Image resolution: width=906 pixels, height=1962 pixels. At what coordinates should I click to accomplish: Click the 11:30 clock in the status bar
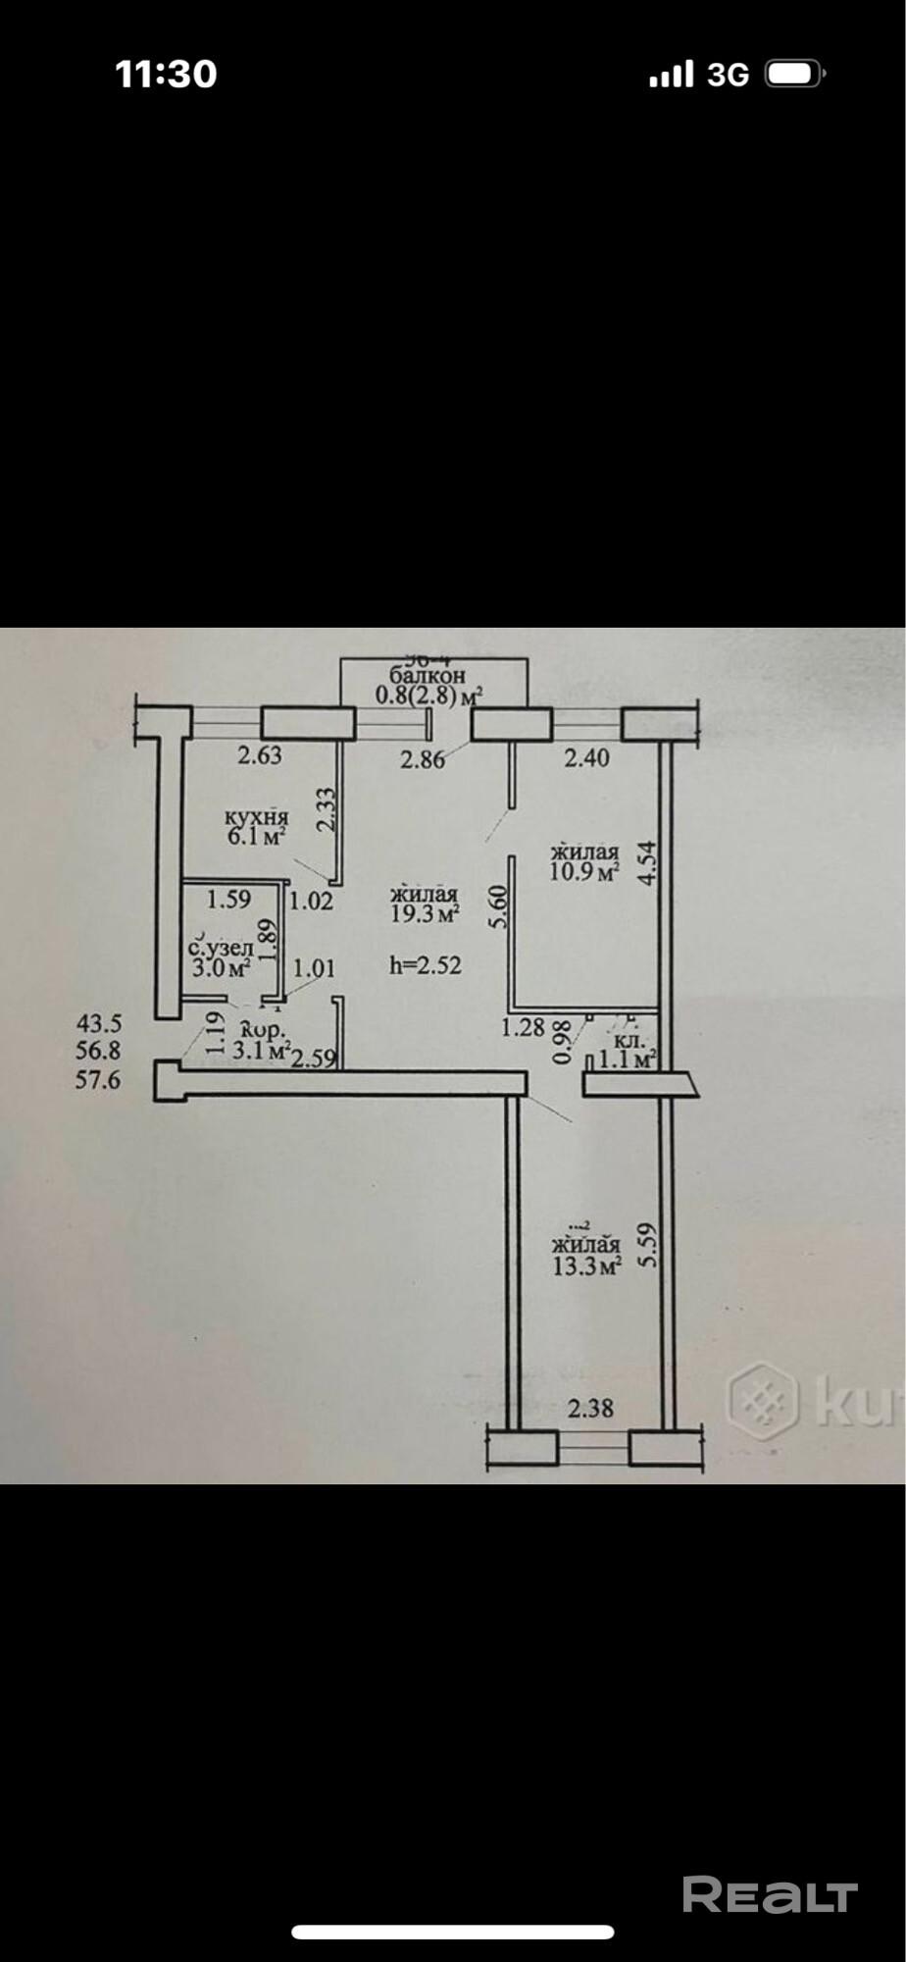point(166,75)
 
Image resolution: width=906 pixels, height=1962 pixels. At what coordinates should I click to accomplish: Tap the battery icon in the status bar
point(796,75)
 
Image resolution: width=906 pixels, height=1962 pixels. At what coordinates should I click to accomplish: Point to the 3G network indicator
point(728,75)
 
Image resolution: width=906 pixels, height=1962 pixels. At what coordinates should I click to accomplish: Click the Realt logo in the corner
point(770,1895)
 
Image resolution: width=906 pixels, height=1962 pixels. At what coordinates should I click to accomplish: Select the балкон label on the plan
point(428,676)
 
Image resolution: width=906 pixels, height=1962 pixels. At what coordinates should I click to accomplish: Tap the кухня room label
point(257,817)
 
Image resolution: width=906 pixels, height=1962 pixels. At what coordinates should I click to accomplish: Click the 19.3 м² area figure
point(425,914)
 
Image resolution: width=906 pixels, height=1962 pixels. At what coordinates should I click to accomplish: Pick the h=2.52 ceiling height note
point(426,964)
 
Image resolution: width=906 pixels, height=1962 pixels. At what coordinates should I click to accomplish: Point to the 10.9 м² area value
point(584,872)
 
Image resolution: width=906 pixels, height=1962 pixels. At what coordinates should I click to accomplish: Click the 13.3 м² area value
point(587,1265)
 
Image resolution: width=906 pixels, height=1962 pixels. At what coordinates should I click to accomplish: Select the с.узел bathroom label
point(221,949)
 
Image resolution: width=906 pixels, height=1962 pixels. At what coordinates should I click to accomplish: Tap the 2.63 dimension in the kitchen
point(261,754)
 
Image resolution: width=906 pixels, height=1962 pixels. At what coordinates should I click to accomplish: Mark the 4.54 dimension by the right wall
point(645,863)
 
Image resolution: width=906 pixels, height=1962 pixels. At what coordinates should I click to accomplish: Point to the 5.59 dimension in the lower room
point(645,1244)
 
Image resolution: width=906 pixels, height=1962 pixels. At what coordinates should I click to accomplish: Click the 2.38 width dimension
point(591,1408)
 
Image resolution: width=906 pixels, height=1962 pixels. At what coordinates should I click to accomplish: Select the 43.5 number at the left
point(99,1023)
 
